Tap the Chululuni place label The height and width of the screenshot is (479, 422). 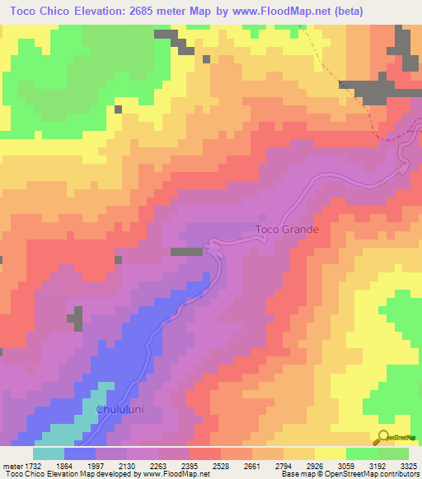tap(122, 410)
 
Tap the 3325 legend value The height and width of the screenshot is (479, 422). tap(408, 464)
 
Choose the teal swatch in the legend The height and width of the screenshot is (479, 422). tap(49, 453)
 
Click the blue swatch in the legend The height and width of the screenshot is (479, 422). tap(80, 453)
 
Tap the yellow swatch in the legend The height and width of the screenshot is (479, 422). tap(331, 453)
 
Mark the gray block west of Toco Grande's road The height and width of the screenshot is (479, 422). tap(186, 251)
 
